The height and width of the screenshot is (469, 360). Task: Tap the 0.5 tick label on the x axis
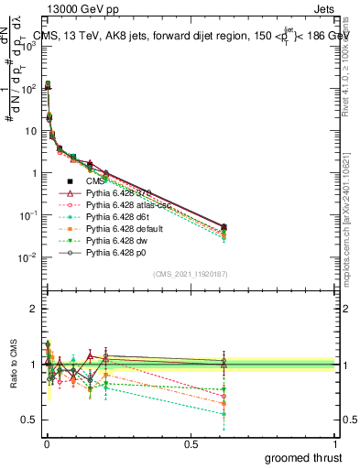pyautogui.click(x=191, y=444)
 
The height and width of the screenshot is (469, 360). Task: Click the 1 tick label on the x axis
pyautogui.click(x=335, y=444)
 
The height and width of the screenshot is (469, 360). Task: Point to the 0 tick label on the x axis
pyautogui.click(x=46, y=444)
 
